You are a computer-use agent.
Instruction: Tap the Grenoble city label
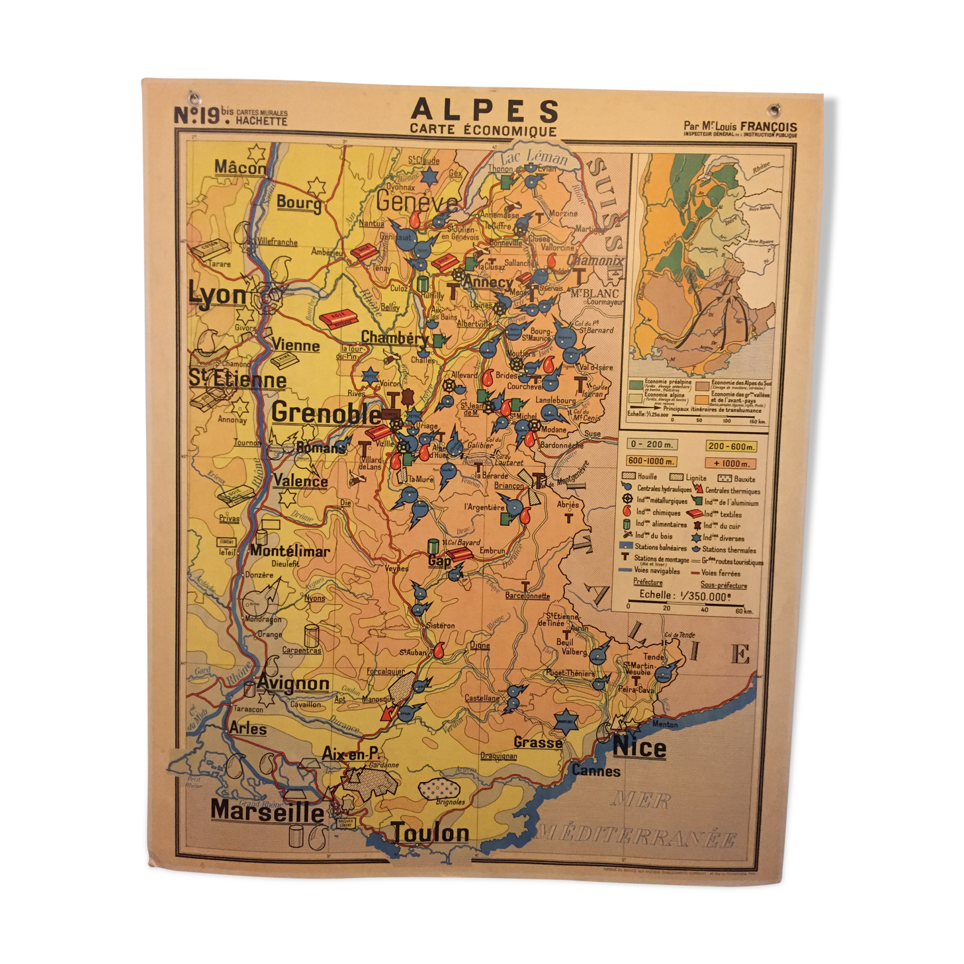(326, 414)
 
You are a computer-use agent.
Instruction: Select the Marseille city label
(267, 811)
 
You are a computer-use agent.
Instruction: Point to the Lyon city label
(217, 295)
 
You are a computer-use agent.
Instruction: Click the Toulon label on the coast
(431, 833)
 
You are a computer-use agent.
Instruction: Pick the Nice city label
(639, 748)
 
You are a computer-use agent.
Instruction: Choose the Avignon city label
(293, 683)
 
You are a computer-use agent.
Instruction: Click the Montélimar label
(290, 550)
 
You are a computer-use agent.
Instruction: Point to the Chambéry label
(395, 338)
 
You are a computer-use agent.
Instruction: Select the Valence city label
(300, 481)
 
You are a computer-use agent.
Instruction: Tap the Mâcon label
(240, 168)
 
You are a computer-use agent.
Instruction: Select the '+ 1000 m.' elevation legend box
(730, 463)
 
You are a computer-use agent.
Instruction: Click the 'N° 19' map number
(197, 116)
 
